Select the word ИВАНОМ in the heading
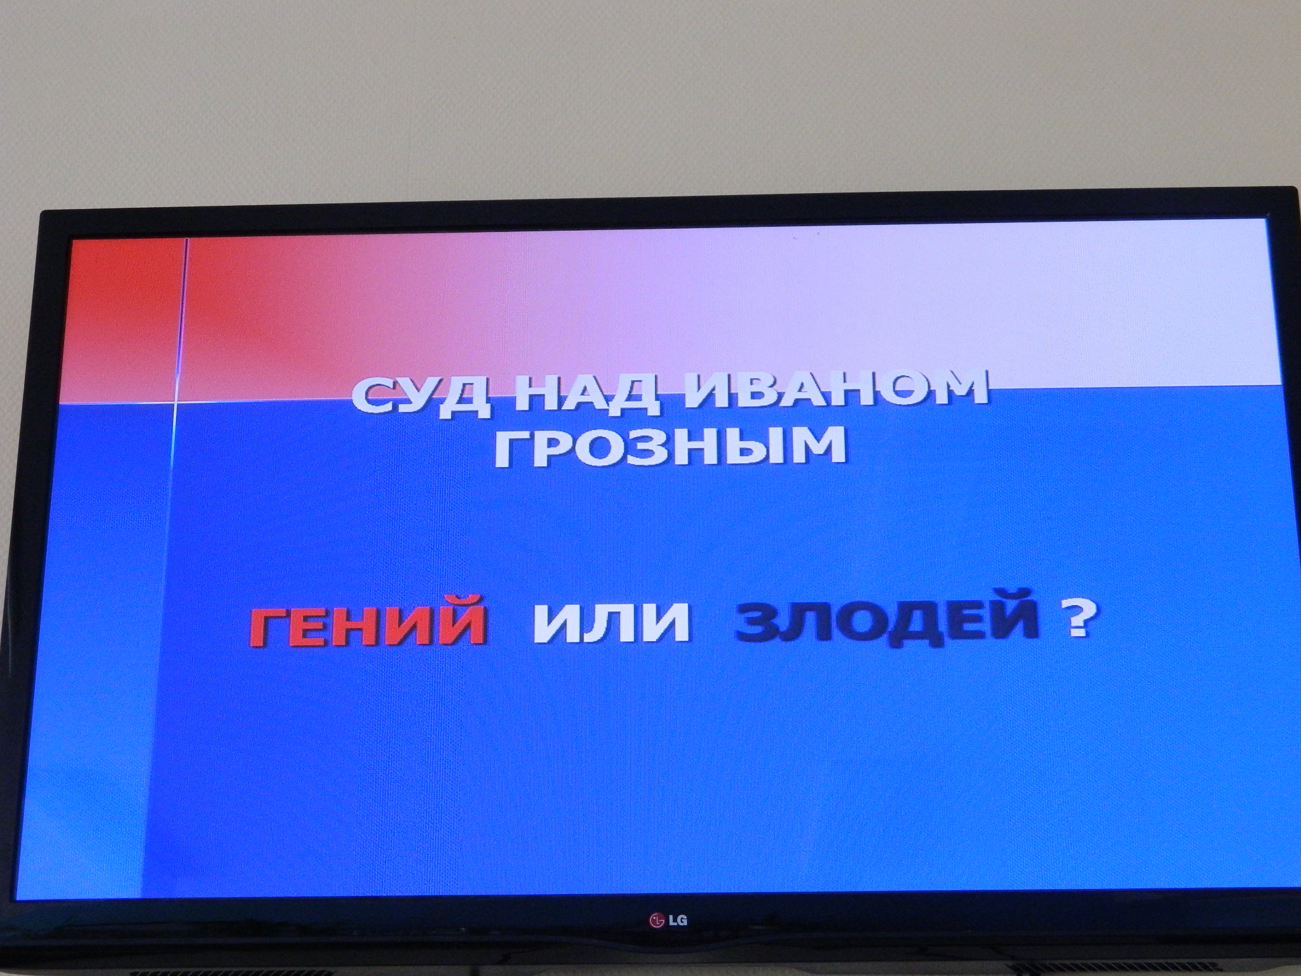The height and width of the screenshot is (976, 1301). (x=828, y=388)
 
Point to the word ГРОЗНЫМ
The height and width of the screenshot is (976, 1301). (x=671, y=446)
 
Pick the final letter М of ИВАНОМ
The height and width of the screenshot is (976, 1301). (x=959, y=387)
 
